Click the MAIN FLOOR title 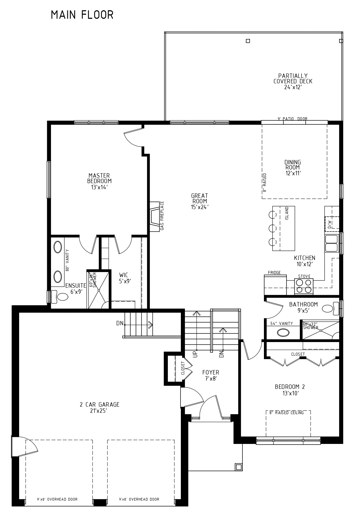[82, 15]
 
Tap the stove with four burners [304, 286]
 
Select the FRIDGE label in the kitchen [274, 273]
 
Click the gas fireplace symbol [155, 217]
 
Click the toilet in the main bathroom [331, 308]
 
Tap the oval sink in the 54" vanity [283, 333]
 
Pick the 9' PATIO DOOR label [292, 119]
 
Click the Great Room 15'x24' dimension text [200, 207]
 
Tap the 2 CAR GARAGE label [99, 404]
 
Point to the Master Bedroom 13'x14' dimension [99, 187]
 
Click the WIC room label [123, 275]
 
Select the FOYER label [211, 372]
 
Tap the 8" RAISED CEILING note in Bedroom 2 [286, 413]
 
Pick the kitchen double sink [331, 243]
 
